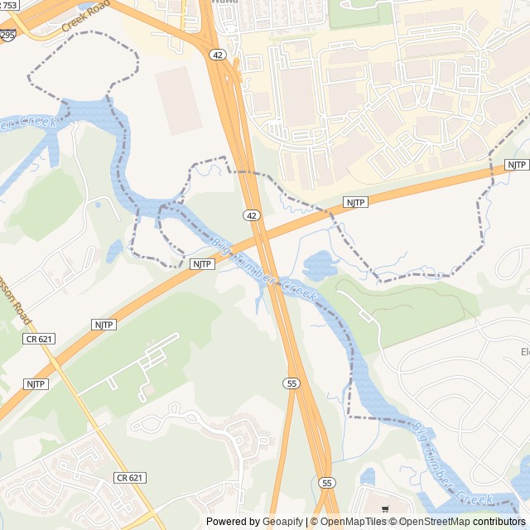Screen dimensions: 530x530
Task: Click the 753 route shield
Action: [x=10, y=5]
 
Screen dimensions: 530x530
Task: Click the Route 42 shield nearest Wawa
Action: [x=216, y=55]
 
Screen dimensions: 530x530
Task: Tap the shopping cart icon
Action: [x=384, y=509]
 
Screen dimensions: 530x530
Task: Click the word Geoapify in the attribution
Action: [x=283, y=522]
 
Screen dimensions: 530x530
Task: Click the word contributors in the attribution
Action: [x=499, y=522]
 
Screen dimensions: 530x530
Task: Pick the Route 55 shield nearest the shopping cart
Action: [x=327, y=483]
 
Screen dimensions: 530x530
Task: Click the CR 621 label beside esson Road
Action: [x=38, y=338]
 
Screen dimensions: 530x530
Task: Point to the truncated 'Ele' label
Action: [x=523, y=353]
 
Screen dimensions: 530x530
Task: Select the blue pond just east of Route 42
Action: [x=319, y=267]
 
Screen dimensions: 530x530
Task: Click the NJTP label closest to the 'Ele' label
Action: [x=517, y=165]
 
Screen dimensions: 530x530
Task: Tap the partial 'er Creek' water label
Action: [x=30, y=125]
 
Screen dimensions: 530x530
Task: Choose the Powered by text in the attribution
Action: [x=233, y=522]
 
